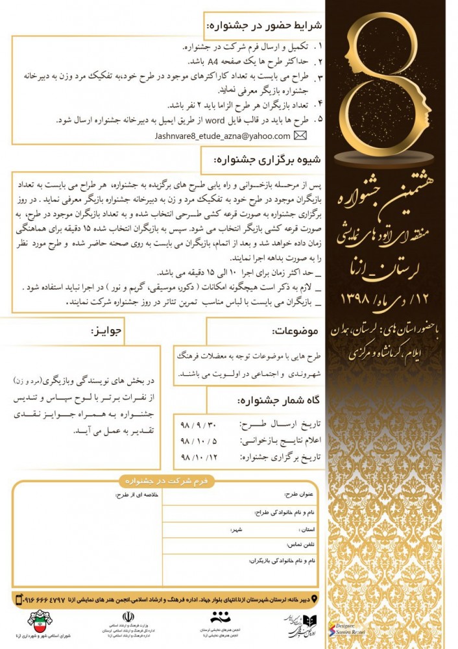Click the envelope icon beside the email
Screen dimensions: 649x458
click(300, 136)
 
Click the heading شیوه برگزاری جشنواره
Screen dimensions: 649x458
click(272, 159)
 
